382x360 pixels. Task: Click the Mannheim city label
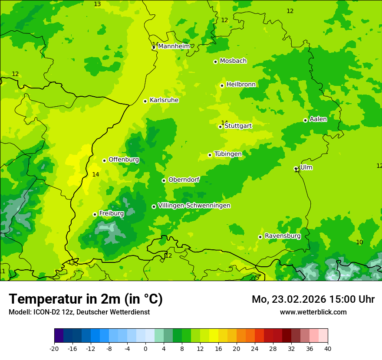[174, 46]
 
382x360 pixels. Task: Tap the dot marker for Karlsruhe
[145, 101]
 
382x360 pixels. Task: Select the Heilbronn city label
[241, 85]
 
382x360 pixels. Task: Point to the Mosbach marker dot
[215, 62]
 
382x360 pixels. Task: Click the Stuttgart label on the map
[238, 126]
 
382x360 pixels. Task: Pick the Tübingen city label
[228, 154]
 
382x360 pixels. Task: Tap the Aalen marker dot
[305, 120]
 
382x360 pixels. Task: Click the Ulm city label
[306, 167]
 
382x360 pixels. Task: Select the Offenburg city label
[124, 160]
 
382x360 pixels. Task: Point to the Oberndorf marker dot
[164, 180]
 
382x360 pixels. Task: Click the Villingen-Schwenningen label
[194, 206]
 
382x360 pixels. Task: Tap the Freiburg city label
[111, 213]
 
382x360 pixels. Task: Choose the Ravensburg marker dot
[260, 237]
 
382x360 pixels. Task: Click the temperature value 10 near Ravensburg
[359, 242]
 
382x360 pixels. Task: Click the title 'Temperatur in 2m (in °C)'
[86, 299]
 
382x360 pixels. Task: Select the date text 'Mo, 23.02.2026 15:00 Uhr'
[313, 299]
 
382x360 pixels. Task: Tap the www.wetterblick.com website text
[313, 312]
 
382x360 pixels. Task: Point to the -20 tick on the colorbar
[54, 348]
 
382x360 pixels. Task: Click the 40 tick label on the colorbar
[327, 348]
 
